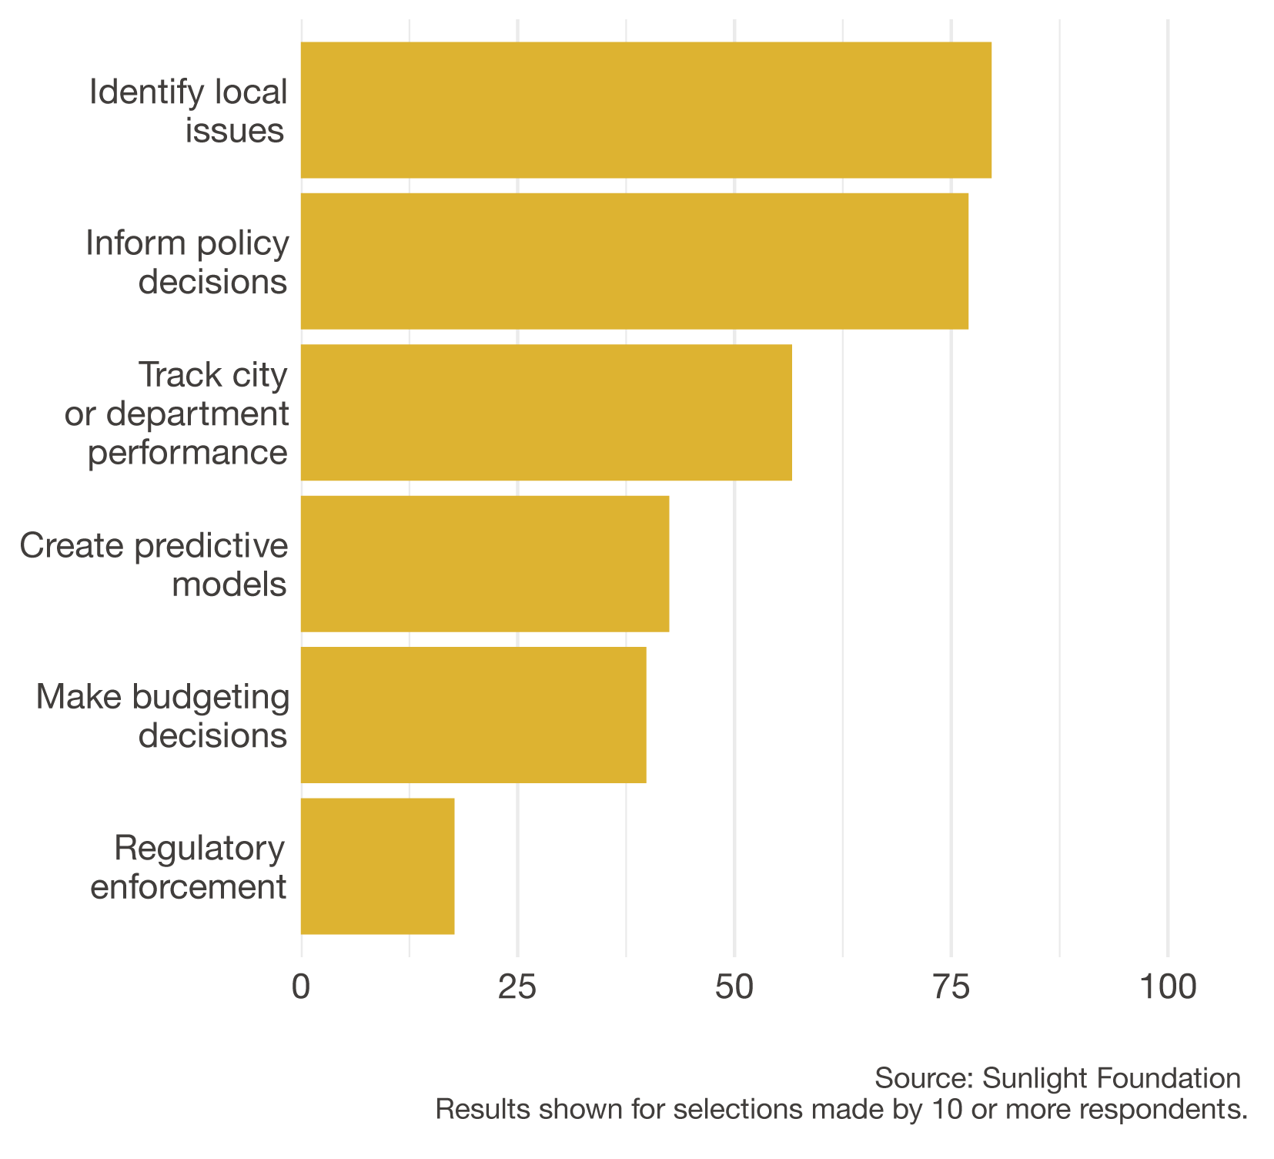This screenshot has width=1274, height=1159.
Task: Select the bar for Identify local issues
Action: [645, 110]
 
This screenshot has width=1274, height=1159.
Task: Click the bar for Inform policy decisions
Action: [634, 261]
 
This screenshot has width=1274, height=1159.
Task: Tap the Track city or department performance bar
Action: [546, 413]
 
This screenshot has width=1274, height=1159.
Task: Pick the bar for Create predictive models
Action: [484, 564]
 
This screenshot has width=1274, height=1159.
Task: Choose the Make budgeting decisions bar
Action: [473, 715]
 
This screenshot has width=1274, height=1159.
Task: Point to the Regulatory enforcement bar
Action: [377, 866]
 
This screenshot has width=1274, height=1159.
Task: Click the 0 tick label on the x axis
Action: [301, 987]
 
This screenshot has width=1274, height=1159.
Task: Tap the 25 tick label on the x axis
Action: [517, 987]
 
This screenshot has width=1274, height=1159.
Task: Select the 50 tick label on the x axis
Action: [734, 987]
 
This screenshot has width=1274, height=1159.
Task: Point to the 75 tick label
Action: [951, 987]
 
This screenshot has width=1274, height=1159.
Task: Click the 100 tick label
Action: [1168, 987]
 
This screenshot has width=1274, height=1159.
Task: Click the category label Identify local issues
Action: [189, 111]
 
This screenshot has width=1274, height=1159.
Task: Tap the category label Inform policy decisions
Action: [187, 262]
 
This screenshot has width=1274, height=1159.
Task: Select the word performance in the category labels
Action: [188, 452]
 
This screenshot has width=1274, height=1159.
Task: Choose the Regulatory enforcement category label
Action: [189, 867]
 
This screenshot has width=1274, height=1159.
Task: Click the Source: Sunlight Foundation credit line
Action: [1057, 1078]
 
